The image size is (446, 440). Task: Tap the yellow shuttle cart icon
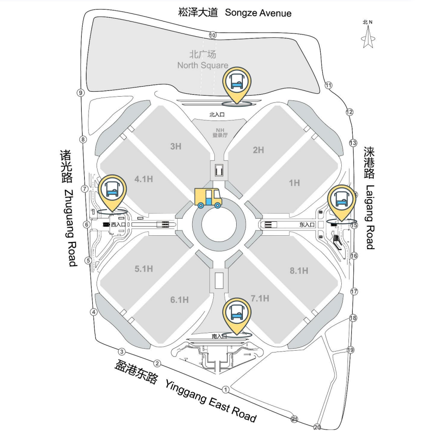pos(208,198)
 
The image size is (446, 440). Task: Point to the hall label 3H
pos(176,146)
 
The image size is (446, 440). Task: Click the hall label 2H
pos(258,150)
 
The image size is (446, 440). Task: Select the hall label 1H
pos(294,183)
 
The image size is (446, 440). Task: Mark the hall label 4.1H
pos(143,179)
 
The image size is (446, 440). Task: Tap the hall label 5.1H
pos(143,269)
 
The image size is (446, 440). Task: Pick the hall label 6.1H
pos(179,300)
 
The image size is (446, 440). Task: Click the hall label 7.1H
pos(260,298)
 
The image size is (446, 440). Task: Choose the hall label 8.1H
pos(299,271)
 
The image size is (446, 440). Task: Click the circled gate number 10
pos(212,35)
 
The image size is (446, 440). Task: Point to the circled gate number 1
pos(227,389)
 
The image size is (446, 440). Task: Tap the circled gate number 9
pos(81,93)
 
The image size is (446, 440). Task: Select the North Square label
pos(203,60)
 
